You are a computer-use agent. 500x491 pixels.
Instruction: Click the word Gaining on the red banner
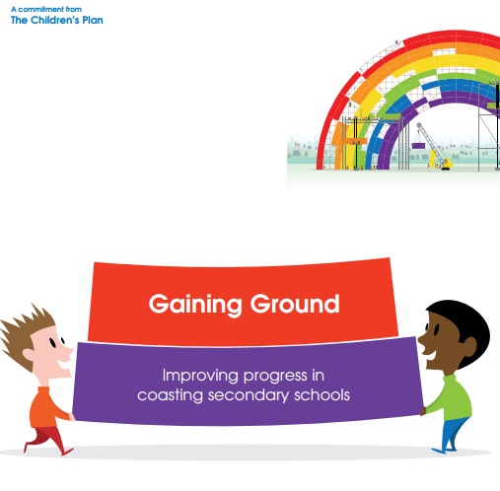coord(195,305)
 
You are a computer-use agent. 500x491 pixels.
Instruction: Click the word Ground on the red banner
coord(295,304)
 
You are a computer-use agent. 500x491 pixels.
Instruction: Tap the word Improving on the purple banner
coord(200,376)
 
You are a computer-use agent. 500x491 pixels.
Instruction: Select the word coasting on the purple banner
coord(170,395)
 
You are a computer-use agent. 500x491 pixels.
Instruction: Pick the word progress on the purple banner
coord(275,377)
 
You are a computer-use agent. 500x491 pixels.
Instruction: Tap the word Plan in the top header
coord(93,20)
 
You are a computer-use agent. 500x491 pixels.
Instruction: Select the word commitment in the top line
coord(40,9)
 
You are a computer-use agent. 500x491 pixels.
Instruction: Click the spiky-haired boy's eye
coord(52,343)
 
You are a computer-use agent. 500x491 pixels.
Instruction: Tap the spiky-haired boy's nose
coord(67,352)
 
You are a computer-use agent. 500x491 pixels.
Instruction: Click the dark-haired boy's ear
coord(468,346)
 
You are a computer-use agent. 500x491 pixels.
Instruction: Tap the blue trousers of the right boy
coord(453,430)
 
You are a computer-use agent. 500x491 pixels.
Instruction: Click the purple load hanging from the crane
coord(418,145)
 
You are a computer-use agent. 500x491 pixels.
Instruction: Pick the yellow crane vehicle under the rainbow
coord(447,164)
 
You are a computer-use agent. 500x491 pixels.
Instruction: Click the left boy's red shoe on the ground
coord(67,452)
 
